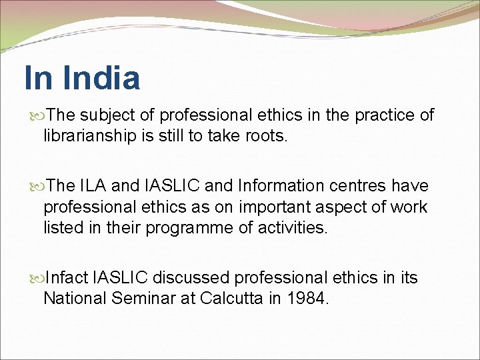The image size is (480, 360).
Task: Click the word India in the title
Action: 101,78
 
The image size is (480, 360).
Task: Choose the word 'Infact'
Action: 68,277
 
